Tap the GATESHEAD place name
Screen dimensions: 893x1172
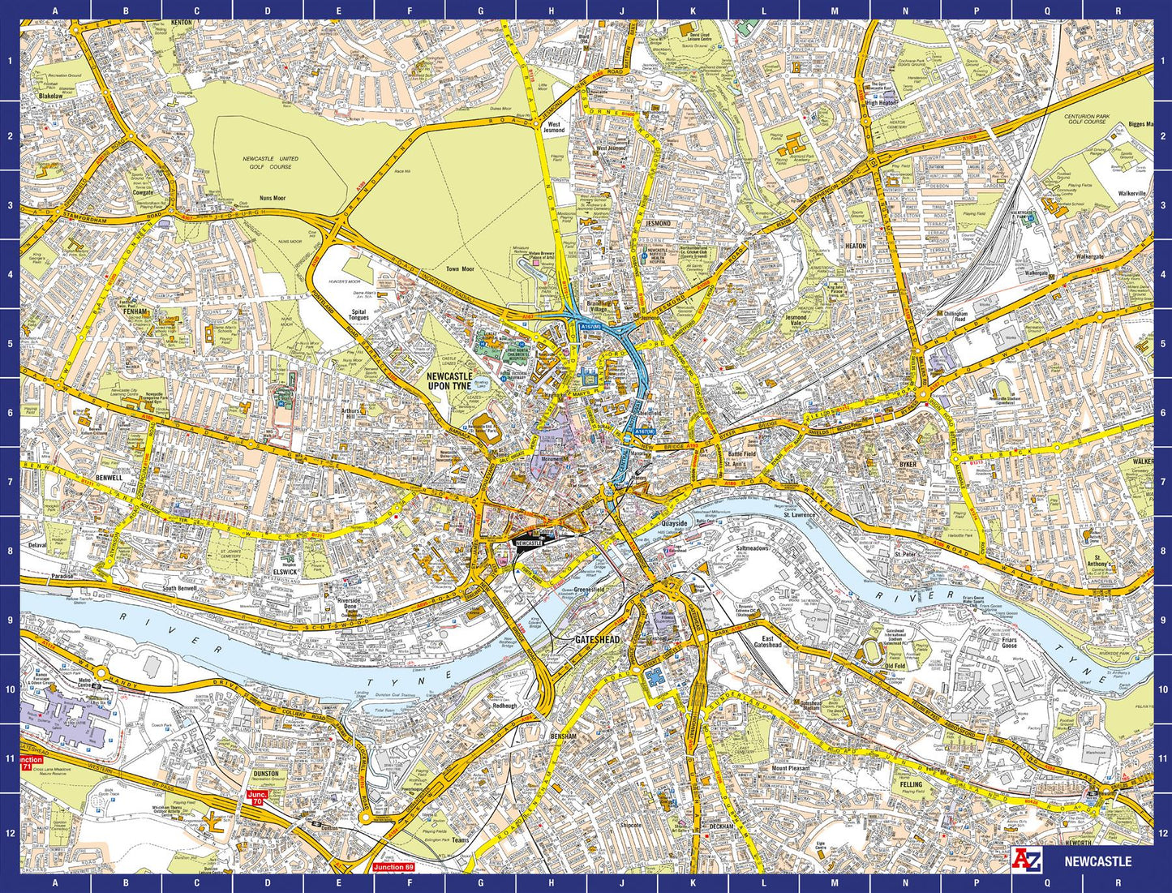pyautogui.click(x=597, y=640)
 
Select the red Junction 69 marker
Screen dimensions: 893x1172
pyautogui.click(x=393, y=868)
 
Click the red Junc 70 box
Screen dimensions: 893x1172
pyautogui.click(x=256, y=798)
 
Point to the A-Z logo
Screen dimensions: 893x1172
pyautogui.click(x=1026, y=861)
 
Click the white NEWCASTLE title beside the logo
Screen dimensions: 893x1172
pyautogui.click(x=1097, y=861)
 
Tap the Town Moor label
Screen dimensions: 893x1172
pyautogui.click(x=459, y=268)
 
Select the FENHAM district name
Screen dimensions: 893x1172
pyautogui.click(x=135, y=311)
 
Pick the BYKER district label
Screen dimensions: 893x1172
pyautogui.click(x=907, y=465)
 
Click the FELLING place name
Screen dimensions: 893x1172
pyautogui.click(x=911, y=784)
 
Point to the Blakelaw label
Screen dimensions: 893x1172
pyautogui.click(x=50, y=96)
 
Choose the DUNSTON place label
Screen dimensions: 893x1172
pyautogui.click(x=265, y=774)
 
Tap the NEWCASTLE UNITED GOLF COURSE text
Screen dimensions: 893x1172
pyautogui.click(x=271, y=163)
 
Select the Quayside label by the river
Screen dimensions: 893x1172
pyautogui.click(x=674, y=523)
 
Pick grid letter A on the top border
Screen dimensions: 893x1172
pyautogui.click(x=54, y=11)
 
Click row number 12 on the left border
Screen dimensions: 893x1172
pyautogui.click(x=10, y=832)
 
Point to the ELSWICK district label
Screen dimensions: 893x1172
pyautogui.click(x=285, y=572)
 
